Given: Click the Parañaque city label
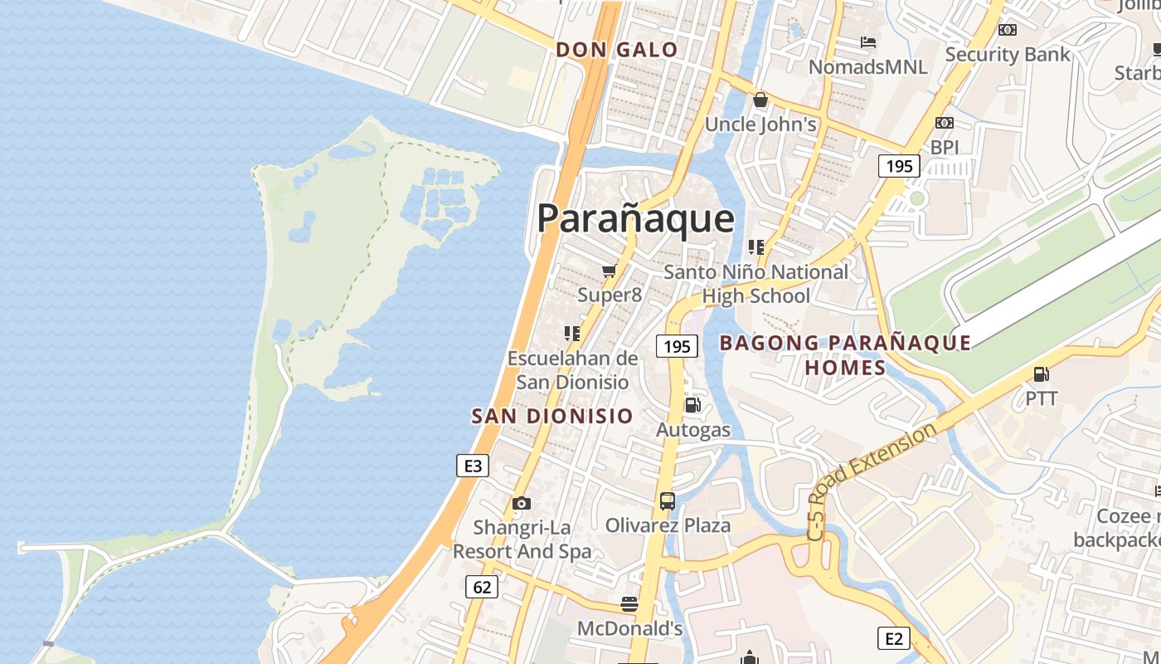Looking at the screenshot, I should point(635,218).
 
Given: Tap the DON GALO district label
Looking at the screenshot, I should point(617,50).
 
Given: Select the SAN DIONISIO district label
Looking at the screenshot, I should point(552,416).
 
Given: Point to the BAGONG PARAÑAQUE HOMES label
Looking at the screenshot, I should point(845,354).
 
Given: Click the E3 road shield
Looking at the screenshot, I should point(473,466).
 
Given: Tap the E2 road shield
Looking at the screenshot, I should point(894,638).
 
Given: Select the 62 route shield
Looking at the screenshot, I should point(482,588).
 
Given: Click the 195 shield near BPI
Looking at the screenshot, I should point(899,166).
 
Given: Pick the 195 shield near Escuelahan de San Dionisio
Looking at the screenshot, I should point(677,346).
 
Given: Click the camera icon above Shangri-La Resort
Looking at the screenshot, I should point(522,503).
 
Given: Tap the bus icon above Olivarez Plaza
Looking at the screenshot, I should point(668,500).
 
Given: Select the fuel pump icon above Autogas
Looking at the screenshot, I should point(692,405).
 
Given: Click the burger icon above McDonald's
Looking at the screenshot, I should point(629,603).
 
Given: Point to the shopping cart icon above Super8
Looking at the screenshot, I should point(610,271).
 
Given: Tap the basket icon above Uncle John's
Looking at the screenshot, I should point(760,100).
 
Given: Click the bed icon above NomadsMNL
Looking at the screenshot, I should point(868,42).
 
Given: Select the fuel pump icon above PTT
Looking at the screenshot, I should point(1041,374).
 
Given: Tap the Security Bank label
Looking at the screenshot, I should point(1008,55).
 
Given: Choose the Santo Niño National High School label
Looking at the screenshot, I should point(756,284).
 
